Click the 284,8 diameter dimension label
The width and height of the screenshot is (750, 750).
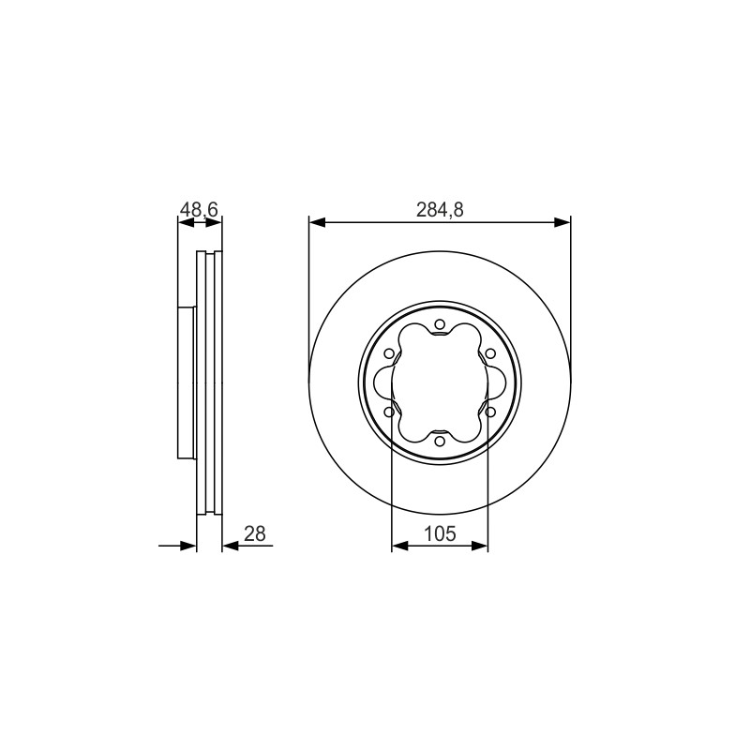tap(440, 210)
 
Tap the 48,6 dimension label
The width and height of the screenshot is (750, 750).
tap(199, 209)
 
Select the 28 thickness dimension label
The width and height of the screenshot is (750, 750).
tap(254, 533)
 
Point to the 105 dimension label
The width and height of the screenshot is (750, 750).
tap(440, 533)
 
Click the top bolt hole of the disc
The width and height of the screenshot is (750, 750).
tap(440, 324)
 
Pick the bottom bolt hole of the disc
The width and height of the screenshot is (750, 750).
tap(440, 441)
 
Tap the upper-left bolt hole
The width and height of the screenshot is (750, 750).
tap(389, 353)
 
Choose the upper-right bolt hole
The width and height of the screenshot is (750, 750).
tap(490, 353)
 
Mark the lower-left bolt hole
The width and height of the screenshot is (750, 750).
tap(389, 412)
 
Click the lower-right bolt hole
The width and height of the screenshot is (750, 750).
tap(490, 412)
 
